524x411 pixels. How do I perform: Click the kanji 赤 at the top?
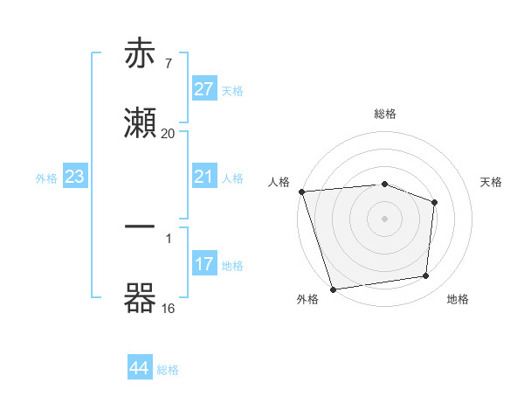tap(141, 54)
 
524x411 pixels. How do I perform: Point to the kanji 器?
tap(141, 297)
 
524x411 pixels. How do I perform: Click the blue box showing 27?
tap(204, 89)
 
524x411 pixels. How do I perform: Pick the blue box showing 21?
tap(204, 177)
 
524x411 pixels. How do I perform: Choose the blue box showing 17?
tap(204, 264)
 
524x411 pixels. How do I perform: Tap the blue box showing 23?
tap(75, 177)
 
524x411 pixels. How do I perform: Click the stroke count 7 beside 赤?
tap(168, 63)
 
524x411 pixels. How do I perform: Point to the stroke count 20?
tap(168, 133)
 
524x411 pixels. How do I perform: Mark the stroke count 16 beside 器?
tap(168, 308)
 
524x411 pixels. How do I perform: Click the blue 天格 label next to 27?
tap(232, 91)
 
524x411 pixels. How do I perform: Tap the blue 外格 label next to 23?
tap(46, 178)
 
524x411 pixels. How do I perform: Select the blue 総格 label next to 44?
tap(168, 370)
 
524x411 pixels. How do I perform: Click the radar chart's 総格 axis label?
tap(385, 114)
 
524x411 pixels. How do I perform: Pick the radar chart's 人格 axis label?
tap(279, 182)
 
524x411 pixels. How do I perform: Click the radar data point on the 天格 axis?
tap(434, 202)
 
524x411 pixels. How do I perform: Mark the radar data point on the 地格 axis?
tap(426, 276)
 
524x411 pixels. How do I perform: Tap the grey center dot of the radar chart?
tap(385, 219)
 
